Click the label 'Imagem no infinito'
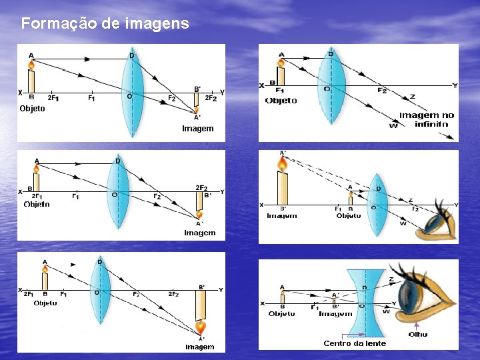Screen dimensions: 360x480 pos(427,119)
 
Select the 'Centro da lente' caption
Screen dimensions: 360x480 pos(355,343)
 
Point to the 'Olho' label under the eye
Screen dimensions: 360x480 pos(418,335)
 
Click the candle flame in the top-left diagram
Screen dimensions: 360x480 pos(31,65)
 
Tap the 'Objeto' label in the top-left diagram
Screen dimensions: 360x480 pos(32,109)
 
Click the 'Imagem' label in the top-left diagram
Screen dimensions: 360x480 pos(197,128)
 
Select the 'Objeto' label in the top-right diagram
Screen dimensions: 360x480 pos(281,101)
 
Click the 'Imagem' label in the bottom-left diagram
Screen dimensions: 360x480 pos(200,347)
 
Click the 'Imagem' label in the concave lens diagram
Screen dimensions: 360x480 pos(335,313)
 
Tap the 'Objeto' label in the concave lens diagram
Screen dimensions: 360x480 pos(281,313)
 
